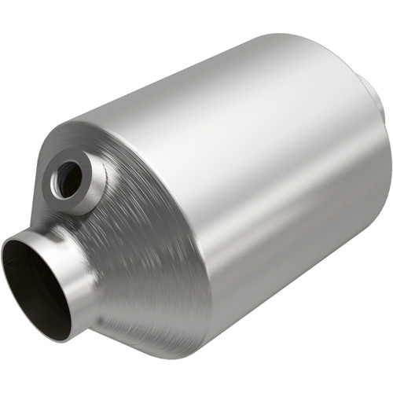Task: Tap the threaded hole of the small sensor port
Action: (68, 180)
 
